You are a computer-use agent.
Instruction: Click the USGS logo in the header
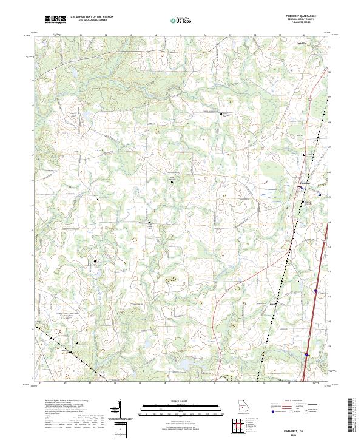pos(56,19)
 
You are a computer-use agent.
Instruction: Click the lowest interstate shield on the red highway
pos(308,355)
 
